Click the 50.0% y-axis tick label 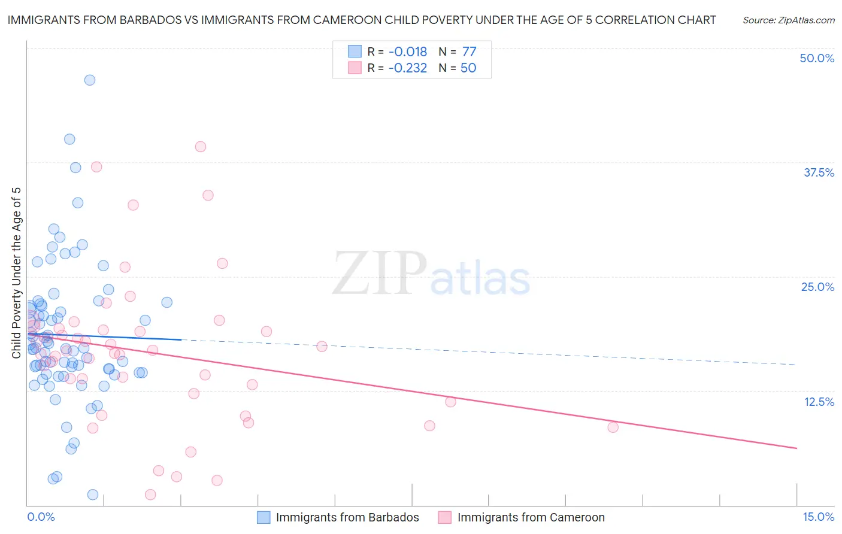point(816,59)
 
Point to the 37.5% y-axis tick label point(818,173)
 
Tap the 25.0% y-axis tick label point(817,287)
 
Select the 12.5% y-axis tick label point(818,402)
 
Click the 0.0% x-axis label point(41,517)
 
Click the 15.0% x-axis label point(818,517)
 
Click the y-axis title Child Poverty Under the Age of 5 point(17,273)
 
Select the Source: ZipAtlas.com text point(788,20)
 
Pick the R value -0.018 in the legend point(408,52)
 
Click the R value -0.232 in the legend point(408,68)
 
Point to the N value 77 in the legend point(469,52)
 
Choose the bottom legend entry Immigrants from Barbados point(347,518)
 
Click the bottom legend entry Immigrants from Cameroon point(531,518)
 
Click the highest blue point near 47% point(90,80)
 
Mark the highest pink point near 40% point(201,147)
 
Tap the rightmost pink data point point(613,427)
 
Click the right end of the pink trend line point(796,448)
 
